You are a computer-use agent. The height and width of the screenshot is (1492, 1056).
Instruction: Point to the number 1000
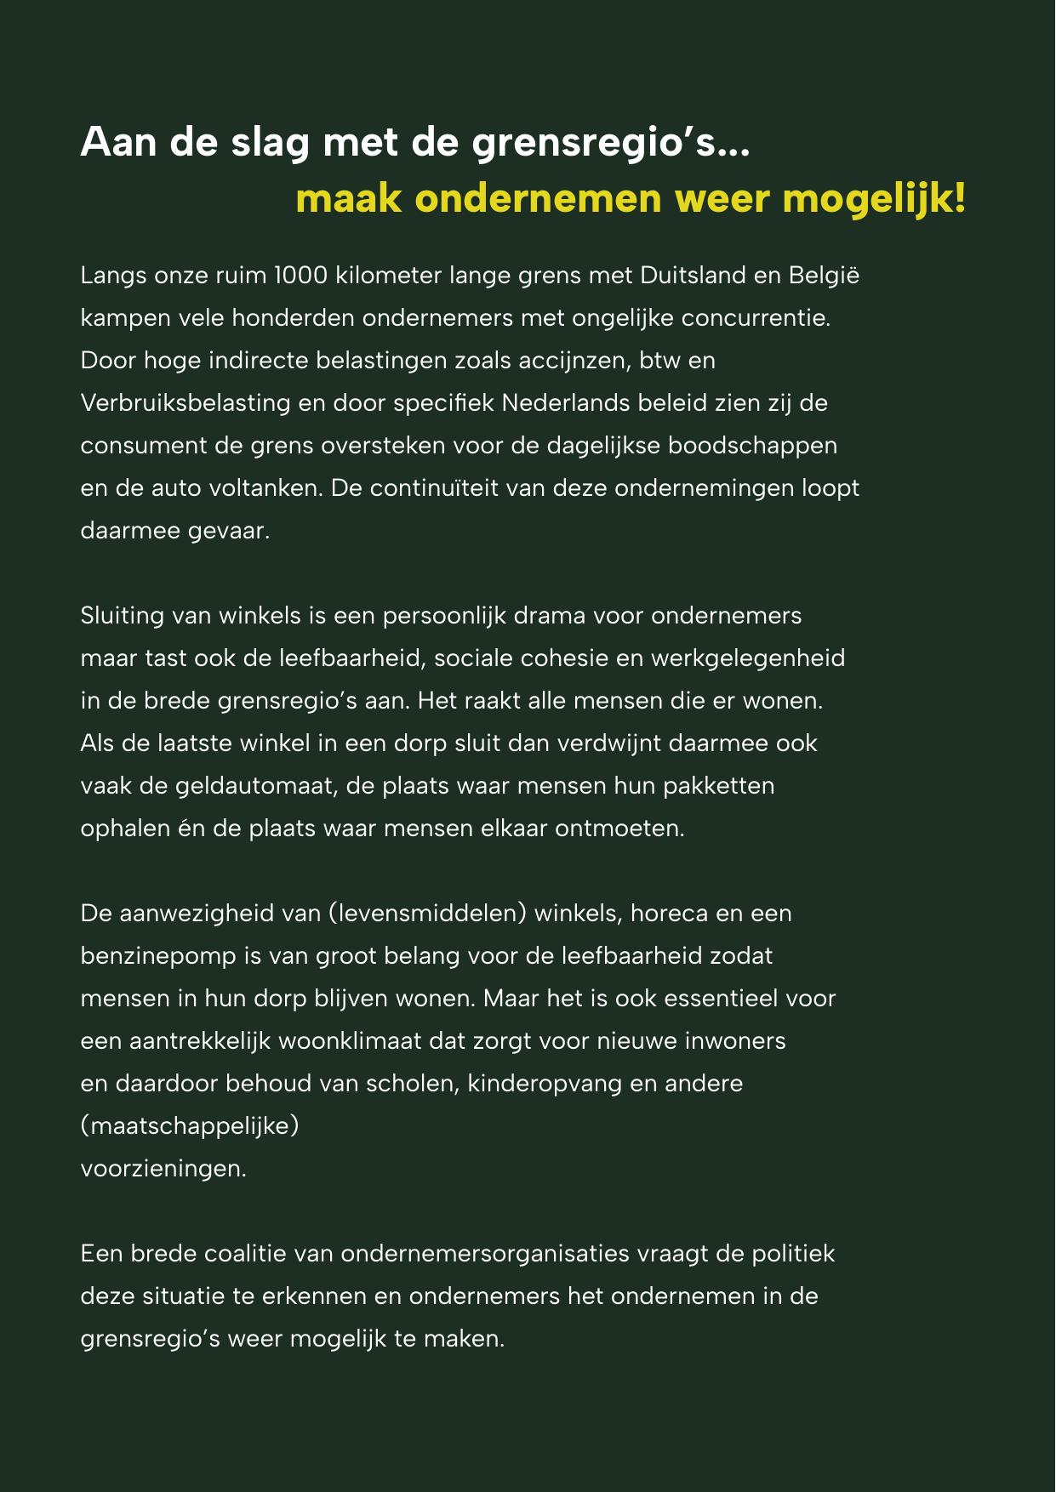coord(301,276)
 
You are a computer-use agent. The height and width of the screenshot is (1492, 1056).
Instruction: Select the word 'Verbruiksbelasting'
coord(186,403)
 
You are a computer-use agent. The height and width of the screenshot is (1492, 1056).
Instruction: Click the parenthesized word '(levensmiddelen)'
coord(427,914)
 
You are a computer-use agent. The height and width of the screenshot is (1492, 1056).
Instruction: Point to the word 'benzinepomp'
coord(158,956)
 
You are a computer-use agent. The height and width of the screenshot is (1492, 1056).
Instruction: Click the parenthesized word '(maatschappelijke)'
coord(190,1126)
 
